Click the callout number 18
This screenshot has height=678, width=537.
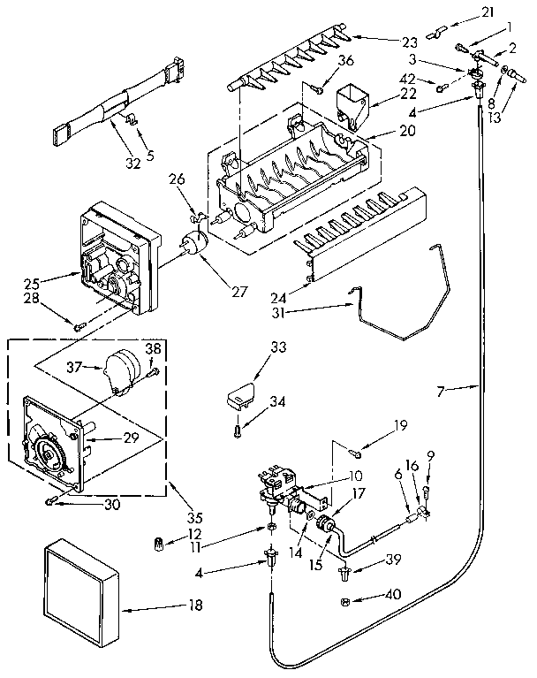coord(195,606)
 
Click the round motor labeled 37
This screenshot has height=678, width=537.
coord(121,363)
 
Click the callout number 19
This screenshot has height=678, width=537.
coord(401,426)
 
